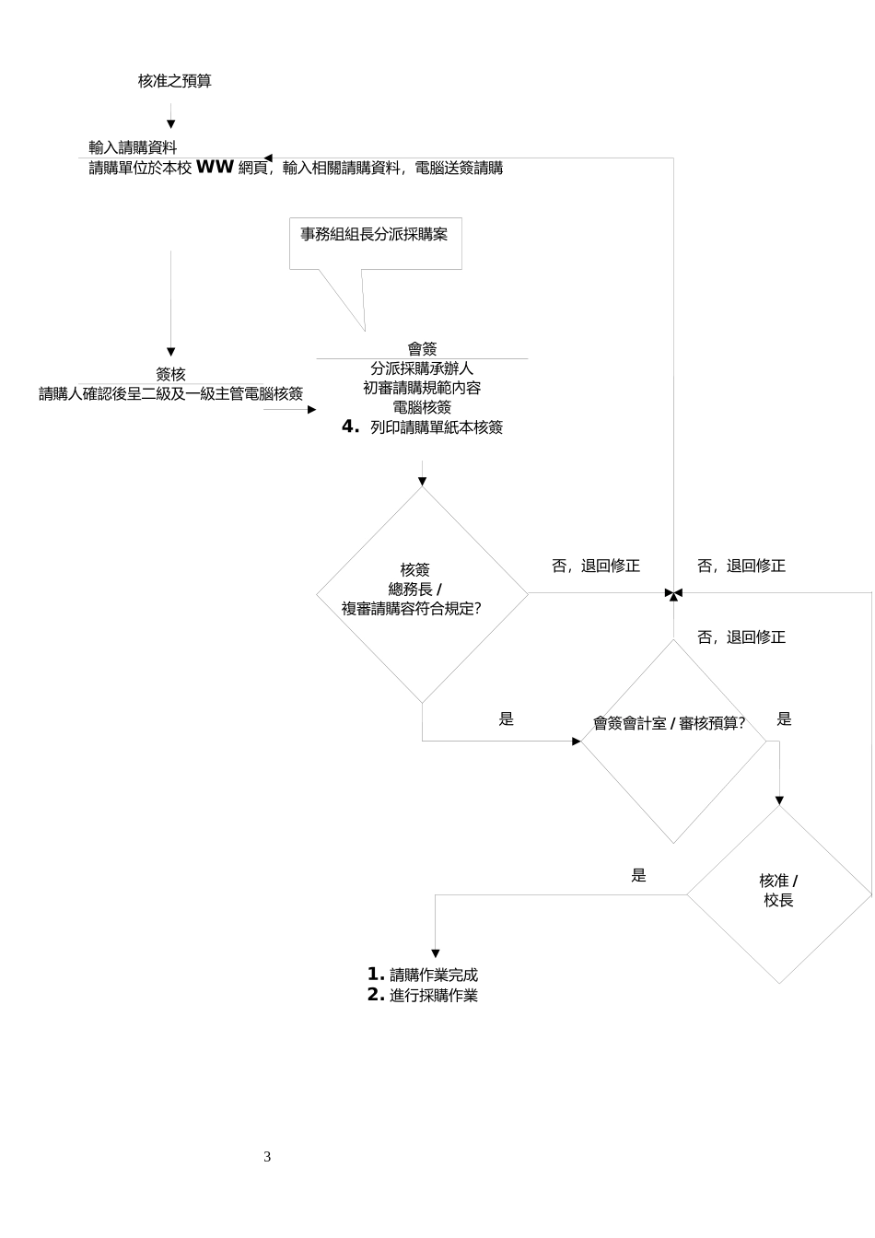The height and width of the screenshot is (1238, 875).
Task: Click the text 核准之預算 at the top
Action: click(x=175, y=81)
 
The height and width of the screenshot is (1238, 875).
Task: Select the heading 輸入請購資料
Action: click(x=133, y=147)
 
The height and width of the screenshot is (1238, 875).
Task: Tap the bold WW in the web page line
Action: click(x=215, y=168)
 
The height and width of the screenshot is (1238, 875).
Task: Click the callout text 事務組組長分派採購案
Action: click(x=374, y=234)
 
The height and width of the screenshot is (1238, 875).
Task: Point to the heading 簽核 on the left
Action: click(x=170, y=374)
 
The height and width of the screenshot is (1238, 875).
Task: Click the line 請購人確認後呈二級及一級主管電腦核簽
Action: click(x=170, y=394)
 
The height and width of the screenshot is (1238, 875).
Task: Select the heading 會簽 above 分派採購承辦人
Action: click(x=422, y=349)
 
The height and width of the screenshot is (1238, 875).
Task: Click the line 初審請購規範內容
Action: click(x=422, y=388)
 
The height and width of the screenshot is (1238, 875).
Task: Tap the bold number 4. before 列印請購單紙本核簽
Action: click(x=350, y=426)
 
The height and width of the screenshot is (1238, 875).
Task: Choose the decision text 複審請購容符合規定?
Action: click(x=412, y=608)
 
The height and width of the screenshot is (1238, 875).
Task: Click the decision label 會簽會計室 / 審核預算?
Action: click(x=669, y=723)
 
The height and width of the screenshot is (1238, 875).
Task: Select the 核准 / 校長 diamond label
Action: click(x=778, y=891)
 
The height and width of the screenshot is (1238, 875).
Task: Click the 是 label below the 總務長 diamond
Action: click(x=507, y=719)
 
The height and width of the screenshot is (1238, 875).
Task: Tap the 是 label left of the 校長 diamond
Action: click(x=639, y=876)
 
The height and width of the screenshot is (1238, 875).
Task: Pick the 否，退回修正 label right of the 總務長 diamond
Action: click(x=596, y=566)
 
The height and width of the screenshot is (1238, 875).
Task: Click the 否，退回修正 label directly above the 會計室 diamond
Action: click(x=741, y=637)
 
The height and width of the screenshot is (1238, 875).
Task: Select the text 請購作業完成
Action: click(x=434, y=975)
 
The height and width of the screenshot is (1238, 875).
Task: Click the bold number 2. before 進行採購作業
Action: click(x=376, y=995)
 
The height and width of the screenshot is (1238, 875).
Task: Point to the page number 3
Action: click(x=267, y=1157)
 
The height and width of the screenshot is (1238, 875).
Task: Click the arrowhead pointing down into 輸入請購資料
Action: click(x=170, y=124)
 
